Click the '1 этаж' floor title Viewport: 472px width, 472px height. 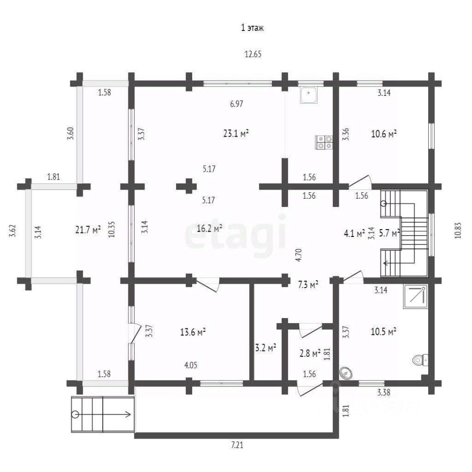tap(252, 28)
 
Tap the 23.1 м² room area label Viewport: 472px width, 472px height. tap(236, 133)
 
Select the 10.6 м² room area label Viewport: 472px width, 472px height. tap(383, 134)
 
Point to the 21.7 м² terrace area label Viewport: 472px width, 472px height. tap(88, 230)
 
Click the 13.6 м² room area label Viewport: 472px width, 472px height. tap(193, 332)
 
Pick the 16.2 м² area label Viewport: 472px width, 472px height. tap(209, 228)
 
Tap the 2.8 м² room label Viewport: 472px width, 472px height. tap(310, 353)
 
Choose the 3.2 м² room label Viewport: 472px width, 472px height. tap(266, 348)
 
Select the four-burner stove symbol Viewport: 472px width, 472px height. tap(324, 143)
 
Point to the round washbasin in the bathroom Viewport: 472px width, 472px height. tap(346, 374)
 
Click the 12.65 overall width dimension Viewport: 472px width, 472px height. tap(253, 54)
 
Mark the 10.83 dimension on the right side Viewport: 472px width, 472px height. tap(458, 231)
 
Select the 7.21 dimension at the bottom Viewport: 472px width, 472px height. tap(237, 444)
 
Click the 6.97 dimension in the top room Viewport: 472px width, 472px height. tap(236, 104)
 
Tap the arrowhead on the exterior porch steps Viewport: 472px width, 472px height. tap(128, 414)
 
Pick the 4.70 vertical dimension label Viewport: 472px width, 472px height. tap(298, 255)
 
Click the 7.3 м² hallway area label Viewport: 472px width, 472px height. tap(308, 285)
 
